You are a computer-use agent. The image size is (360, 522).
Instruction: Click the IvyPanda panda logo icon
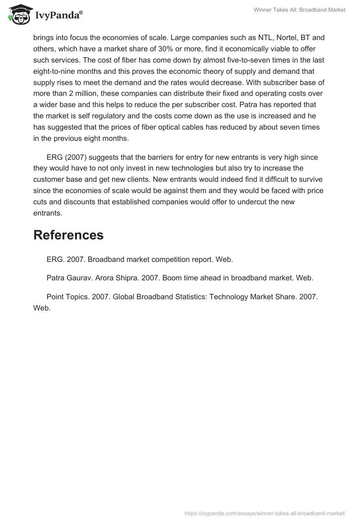tap(18, 15)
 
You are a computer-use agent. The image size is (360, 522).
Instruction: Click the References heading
tap(68, 235)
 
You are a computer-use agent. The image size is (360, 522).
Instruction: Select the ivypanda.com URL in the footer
tap(265, 513)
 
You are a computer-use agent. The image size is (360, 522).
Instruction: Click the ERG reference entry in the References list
tap(139, 260)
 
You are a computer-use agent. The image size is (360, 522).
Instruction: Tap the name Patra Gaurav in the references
tap(68, 278)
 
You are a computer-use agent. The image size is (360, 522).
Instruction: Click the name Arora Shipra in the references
tap(116, 278)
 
